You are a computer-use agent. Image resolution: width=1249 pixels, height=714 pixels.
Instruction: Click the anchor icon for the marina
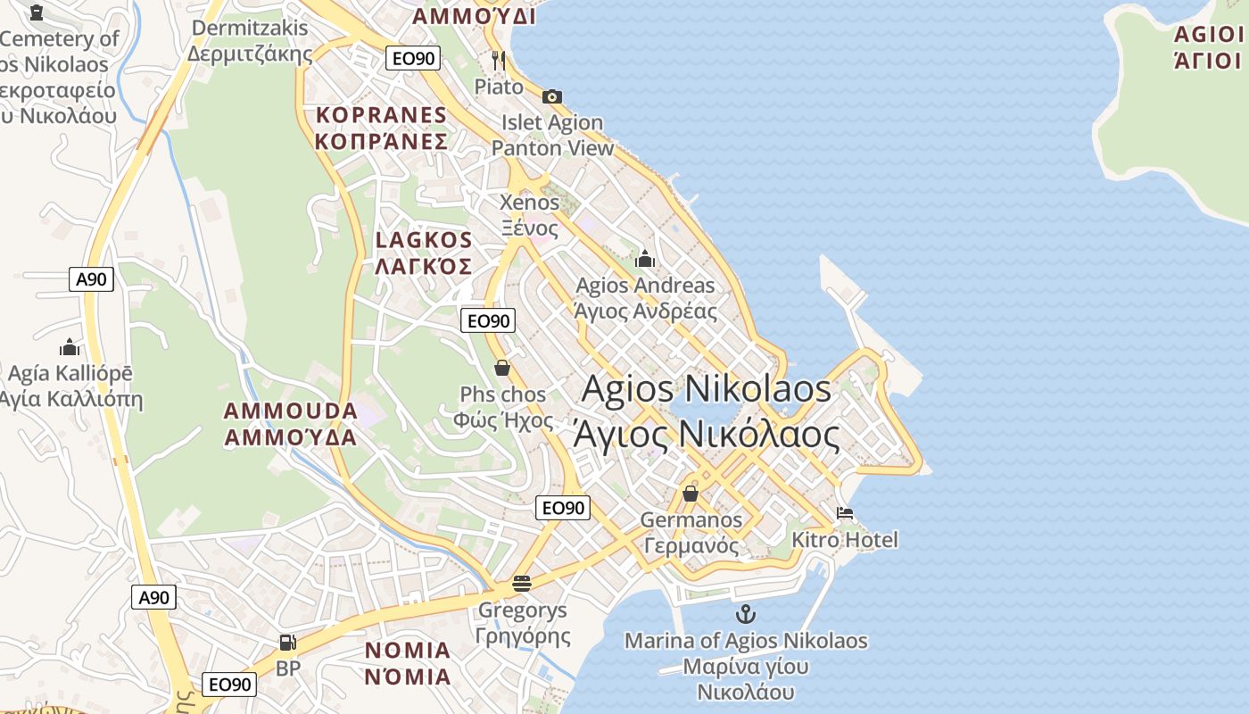(745, 614)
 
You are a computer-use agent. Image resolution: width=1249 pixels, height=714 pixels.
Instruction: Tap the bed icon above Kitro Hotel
(845, 513)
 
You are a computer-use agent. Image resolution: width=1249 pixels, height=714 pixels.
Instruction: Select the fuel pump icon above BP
(287, 643)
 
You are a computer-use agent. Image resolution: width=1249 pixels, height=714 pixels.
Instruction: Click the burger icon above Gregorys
(522, 584)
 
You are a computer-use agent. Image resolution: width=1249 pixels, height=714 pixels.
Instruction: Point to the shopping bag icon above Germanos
(690, 493)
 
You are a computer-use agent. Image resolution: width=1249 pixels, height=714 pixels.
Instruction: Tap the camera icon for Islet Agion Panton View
(552, 96)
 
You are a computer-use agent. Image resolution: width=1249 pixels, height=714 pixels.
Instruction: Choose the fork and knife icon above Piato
(499, 61)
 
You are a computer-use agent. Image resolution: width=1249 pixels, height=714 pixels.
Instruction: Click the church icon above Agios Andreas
(645, 260)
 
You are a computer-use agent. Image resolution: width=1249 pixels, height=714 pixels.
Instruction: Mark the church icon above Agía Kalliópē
(70, 347)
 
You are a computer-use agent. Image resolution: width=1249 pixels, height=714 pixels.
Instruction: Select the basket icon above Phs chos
(502, 368)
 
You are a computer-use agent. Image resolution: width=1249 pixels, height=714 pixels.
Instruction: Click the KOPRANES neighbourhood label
(381, 115)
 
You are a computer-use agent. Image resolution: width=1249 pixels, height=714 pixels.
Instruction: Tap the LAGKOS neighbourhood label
(424, 240)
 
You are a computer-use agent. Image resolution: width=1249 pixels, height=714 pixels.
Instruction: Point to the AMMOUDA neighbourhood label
(291, 411)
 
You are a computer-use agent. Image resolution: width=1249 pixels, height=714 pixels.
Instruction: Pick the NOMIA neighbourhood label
(408, 650)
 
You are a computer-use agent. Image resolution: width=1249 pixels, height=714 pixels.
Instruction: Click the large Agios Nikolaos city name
(707, 389)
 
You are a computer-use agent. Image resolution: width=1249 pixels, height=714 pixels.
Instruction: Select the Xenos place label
(530, 203)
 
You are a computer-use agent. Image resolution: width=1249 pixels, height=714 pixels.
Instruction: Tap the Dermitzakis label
(250, 29)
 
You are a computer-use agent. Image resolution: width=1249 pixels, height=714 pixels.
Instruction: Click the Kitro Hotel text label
(845, 540)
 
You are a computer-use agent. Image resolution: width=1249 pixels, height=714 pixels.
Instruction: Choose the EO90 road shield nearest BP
(229, 685)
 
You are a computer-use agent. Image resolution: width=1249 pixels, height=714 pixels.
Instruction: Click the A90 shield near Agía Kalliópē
(91, 279)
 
